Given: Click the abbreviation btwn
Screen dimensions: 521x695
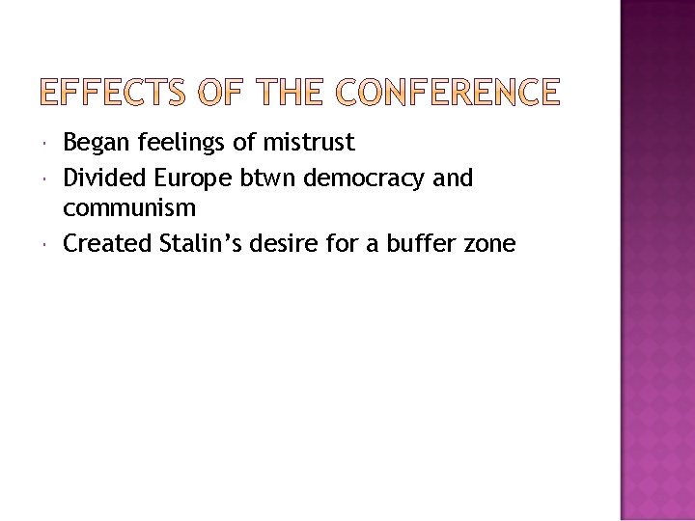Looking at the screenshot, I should pyautogui.click(x=269, y=178).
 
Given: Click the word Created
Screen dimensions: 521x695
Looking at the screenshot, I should pyautogui.click(x=107, y=244).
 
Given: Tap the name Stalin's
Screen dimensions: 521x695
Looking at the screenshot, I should pyautogui.click(x=202, y=244).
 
